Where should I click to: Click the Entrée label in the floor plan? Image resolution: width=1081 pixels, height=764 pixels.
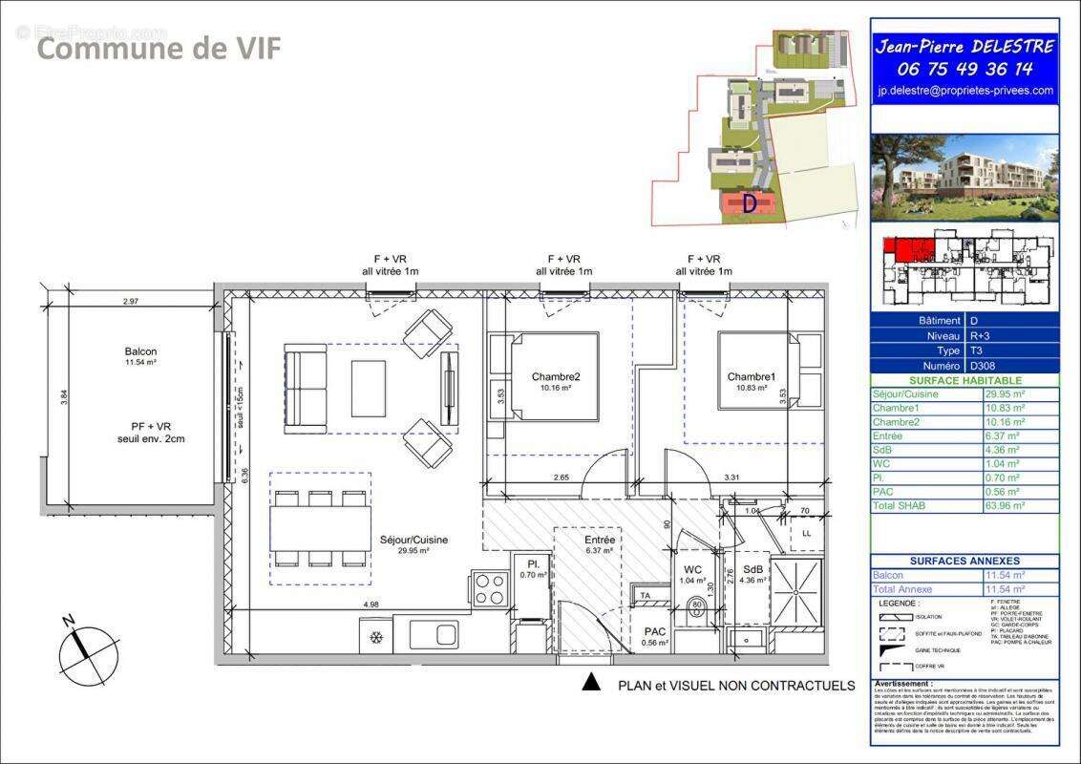tap(600, 540)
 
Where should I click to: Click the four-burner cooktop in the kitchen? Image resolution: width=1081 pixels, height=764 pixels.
tap(490, 587)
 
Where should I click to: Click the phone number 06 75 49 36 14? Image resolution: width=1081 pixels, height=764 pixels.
tap(964, 69)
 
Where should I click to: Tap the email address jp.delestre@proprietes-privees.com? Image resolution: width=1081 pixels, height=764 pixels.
tap(964, 91)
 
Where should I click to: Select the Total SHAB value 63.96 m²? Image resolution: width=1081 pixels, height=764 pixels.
tap(1005, 505)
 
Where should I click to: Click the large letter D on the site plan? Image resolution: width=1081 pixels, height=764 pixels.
tap(750, 203)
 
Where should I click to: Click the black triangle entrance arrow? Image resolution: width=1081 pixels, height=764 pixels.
tap(591, 682)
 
